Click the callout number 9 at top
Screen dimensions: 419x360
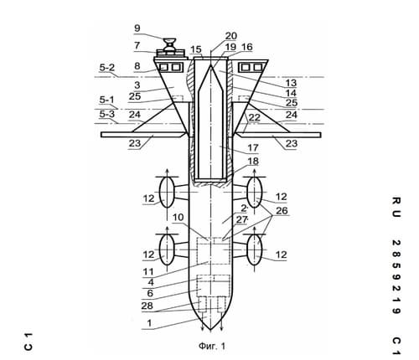click(x=137, y=28)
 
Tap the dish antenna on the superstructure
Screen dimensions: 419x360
click(x=170, y=44)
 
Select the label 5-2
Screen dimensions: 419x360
click(x=107, y=68)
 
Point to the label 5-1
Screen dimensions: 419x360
click(x=107, y=100)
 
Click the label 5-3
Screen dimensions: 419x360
click(x=107, y=114)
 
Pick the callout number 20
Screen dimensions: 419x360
click(x=231, y=36)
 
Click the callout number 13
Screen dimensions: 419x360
click(x=291, y=83)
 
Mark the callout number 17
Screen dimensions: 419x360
click(x=253, y=147)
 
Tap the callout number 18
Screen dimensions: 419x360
click(x=253, y=161)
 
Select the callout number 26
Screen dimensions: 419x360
click(x=282, y=211)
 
